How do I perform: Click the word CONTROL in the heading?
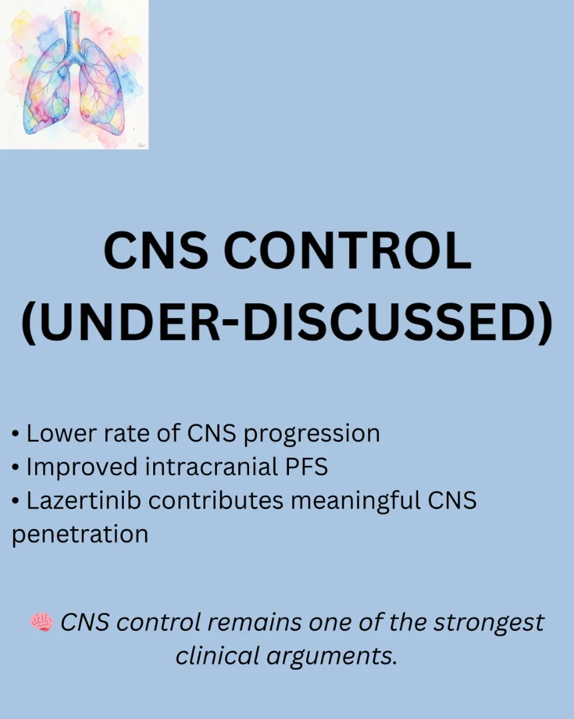point(347,251)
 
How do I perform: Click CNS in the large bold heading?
point(156,251)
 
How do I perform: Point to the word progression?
point(312,434)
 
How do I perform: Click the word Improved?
point(82,468)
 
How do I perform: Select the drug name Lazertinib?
point(84,500)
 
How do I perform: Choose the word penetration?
point(80,534)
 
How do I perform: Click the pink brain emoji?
point(41,622)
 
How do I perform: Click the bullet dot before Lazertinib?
point(15,501)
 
